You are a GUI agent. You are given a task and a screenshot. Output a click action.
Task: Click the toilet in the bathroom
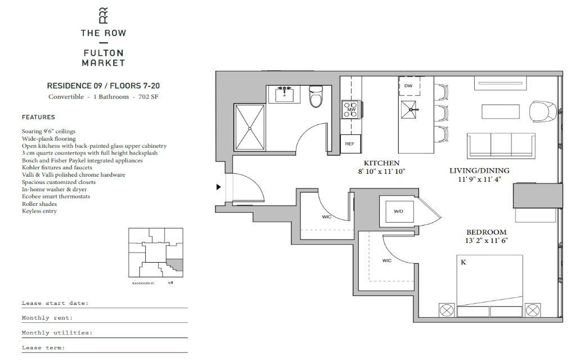click(x=316, y=96)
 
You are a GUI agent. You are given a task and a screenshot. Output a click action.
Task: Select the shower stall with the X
click(x=250, y=128)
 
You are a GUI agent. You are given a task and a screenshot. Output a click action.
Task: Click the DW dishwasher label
click(x=408, y=85)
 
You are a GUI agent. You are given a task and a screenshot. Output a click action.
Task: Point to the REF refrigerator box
click(x=350, y=143)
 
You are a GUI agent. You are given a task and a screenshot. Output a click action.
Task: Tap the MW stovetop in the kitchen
click(x=351, y=110)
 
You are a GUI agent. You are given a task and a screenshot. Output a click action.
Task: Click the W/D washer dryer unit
click(x=399, y=211)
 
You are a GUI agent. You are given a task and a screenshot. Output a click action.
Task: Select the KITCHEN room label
click(x=382, y=163)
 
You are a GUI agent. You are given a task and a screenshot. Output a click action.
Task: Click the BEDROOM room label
click(x=487, y=232)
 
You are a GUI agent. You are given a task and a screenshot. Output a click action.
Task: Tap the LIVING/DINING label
click(x=479, y=170)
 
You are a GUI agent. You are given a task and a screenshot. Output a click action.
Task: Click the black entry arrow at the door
click(x=219, y=187)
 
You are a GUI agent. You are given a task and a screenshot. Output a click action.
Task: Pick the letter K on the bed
click(x=463, y=262)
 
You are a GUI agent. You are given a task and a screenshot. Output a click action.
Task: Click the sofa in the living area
click(x=501, y=146)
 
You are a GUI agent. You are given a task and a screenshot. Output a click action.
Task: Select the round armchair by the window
click(x=543, y=111)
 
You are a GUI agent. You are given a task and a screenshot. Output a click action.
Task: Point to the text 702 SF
click(x=148, y=97)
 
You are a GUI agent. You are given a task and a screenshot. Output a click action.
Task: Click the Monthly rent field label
click(x=47, y=318)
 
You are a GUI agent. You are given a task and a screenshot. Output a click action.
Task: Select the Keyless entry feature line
click(x=39, y=211)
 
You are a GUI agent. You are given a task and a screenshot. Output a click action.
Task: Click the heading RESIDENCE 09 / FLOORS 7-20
click(x=103, y=86)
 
